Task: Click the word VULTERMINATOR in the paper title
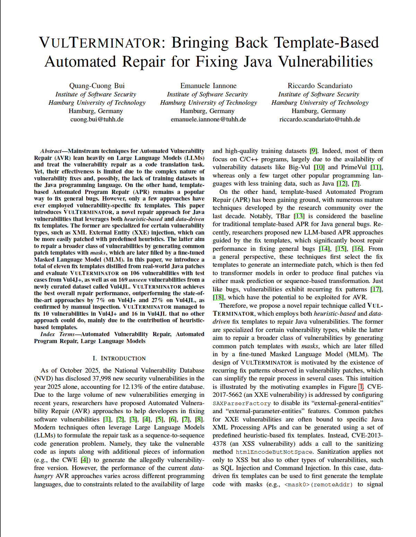point(100,43)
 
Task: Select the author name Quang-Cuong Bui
point(97,86)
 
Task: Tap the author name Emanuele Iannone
point(208,86)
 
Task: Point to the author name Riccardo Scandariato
point(320,86)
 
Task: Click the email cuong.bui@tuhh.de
point(97,119)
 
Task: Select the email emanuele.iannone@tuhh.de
point(208,119)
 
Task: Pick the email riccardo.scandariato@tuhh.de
point(320,119)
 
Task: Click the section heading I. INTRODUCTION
point(119,358)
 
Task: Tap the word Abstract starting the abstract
point(51,151)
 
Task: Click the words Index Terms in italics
point(58,334)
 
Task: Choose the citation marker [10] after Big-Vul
point(319,167)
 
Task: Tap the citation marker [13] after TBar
point(299,216)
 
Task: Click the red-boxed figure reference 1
point(361,387)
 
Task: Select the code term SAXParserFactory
point(242,403)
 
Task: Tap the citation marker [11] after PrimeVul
point(376,167)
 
